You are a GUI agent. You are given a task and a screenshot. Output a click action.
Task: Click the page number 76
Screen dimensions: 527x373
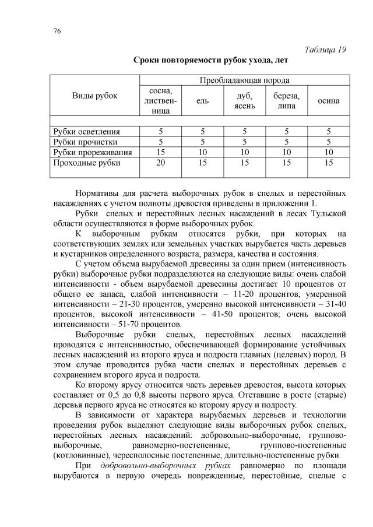(x=57, y=31)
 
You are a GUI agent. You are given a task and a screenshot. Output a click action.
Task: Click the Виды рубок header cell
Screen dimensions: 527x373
(x=94, y=95)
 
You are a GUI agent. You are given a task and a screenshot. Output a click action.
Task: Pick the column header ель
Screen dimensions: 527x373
(x=202, y=101)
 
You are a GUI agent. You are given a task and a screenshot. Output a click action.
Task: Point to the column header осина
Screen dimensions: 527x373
(x=328, y=101)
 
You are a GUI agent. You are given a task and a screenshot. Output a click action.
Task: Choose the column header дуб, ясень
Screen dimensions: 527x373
(x=244, y=101)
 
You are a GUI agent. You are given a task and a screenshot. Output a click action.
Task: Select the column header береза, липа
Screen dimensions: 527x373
(x=286, y=101)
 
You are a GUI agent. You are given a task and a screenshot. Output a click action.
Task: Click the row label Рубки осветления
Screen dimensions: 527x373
(x=86, y=132)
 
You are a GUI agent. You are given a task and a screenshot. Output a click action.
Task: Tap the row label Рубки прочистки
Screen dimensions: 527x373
(x=85, y=142)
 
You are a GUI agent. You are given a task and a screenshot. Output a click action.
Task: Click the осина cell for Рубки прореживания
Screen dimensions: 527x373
(x=328, y=152)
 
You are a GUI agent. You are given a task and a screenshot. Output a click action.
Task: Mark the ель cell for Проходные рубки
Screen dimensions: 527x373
(x=202, y=163)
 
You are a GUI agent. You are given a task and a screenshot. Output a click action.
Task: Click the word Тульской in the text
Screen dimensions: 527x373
(x=328, y=214)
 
